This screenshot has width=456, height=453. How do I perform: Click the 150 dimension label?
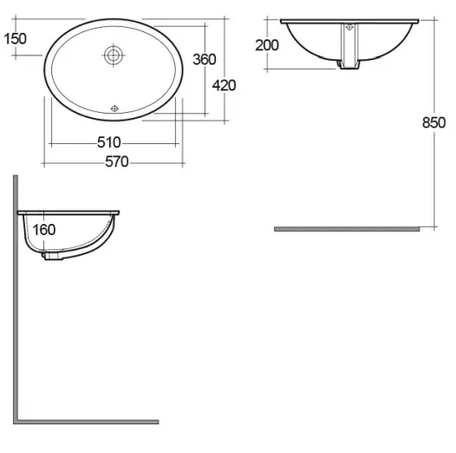pyautogui.click(x=16, y=37)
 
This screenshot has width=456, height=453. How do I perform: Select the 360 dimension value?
pyautogui.click(x=204, y=59)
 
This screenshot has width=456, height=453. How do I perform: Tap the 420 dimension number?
pyautogui.click(x=225, y=84)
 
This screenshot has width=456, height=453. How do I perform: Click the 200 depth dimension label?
pyautogui.click(x=268, y=45)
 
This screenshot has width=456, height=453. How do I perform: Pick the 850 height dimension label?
pyautogui.click(x=433, y=122)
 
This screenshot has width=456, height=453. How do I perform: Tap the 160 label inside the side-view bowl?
pyautogui.click(x=43, y=230)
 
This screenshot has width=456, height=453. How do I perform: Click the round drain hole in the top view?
pyautogui.click(x=113, y=55)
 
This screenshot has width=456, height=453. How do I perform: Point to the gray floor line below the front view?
pyautogui.click(x=347, y=228)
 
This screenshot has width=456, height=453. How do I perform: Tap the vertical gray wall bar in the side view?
pyautogui.click(x=16, y=295)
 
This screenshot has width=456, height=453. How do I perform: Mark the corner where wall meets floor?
pyautogui.click(x=16, y=421)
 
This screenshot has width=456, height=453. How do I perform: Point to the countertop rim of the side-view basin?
pyautogui.click(x=69, y=211)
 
